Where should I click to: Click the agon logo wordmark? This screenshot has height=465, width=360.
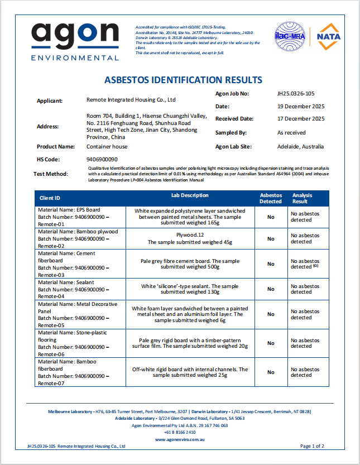tap(75, 35)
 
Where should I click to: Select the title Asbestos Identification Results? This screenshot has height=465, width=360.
tap(183, 80)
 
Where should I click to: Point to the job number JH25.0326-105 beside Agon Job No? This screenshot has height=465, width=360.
tap(300, 94)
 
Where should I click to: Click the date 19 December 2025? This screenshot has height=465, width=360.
tap(301, 106)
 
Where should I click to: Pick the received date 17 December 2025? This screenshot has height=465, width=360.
tap(301, 118)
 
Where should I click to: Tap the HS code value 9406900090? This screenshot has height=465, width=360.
tap(102, 160)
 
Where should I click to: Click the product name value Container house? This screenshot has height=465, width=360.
tap(107, 147)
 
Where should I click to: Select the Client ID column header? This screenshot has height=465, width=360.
tap(50, 198)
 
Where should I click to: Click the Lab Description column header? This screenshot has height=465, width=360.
tap(190, 196)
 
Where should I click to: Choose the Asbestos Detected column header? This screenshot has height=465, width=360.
tap(271, 198)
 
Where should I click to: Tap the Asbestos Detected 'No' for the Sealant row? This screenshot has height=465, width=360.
tap(271, 289)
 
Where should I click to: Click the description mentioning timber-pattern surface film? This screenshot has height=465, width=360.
tap(190, 343)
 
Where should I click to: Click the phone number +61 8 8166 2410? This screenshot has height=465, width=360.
tap(180, 432)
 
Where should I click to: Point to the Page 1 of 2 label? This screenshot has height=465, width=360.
tap(312, 446)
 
